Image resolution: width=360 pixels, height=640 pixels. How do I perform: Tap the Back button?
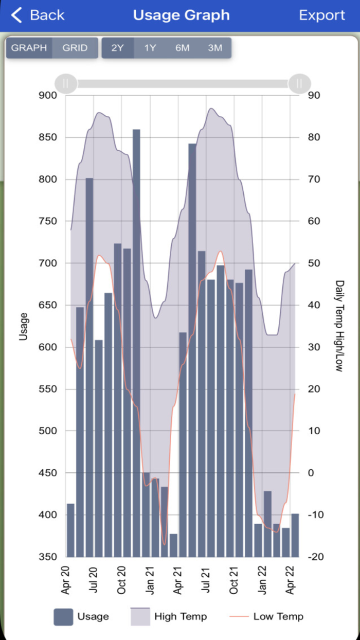click(x=38, y=15)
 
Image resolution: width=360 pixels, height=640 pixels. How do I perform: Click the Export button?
click(x=322, y=15)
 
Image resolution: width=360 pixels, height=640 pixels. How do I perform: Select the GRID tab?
click(x=75, y=48)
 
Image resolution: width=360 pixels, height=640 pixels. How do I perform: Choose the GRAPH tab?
click(x=29, y=48)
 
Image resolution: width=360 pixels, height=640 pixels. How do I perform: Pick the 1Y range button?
click(x=150, y=48)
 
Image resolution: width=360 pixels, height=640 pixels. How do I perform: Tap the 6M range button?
click(x=182, y=48)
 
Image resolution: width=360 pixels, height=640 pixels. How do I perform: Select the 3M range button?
click(x=215, y=48)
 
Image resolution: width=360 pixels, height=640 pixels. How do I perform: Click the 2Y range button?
click(x=118, y=48)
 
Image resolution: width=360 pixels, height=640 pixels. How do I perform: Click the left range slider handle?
click(x=66, y=83)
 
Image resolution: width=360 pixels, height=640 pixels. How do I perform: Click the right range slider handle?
click(x=299, y=83)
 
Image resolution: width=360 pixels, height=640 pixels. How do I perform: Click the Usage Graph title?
click(x=181, y=15)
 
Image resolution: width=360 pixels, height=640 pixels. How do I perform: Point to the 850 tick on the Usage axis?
click(x=49, y=137)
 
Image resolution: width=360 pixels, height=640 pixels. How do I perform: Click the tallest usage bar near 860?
click(x=136, y=309)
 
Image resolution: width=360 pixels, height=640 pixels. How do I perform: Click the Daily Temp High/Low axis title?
click(x=340, y=326)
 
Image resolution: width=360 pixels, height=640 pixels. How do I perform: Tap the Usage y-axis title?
click(x=23, y=326)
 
